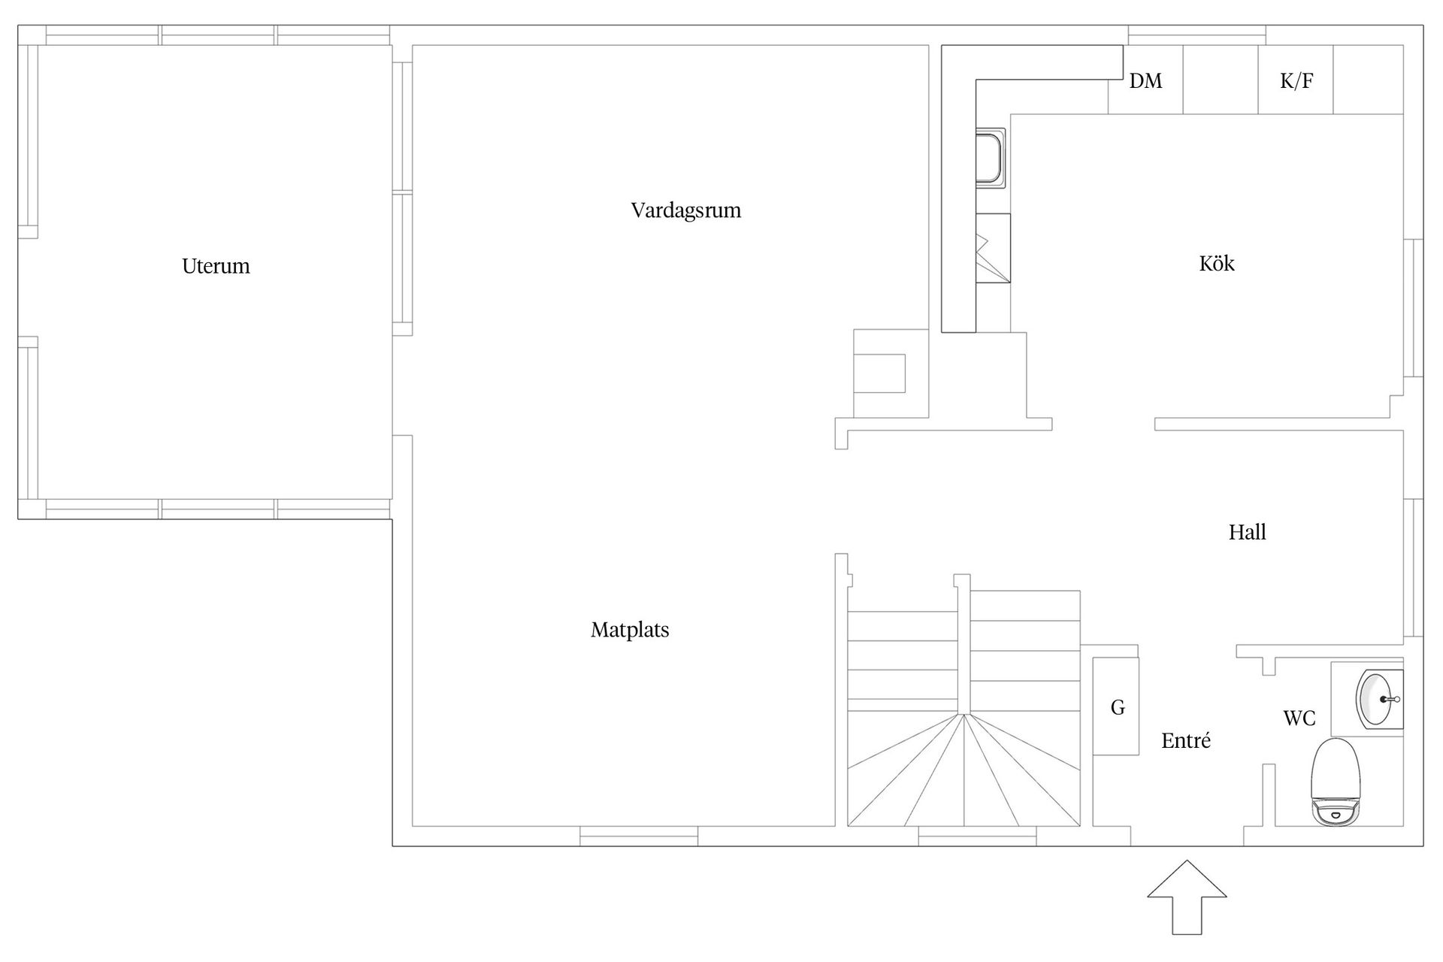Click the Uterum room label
216,266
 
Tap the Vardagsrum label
685,210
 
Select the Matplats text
630,630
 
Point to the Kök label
1217,263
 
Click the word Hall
1248,532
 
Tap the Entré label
1186,740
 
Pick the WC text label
1299,718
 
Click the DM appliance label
1145,81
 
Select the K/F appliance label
1296,81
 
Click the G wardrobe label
1118,707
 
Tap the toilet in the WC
1336,782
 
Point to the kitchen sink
991,159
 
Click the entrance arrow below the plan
1187,897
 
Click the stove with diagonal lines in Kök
993,248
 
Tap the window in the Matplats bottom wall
639,836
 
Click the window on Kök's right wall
1414,307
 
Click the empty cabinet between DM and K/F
1221,80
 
